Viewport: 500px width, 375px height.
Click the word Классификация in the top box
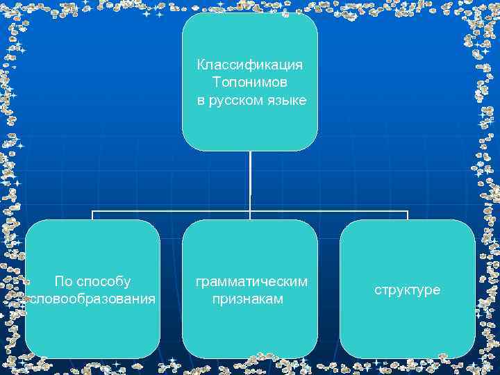[x=250, y=65]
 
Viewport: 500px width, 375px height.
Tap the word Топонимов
[x=250, y=83]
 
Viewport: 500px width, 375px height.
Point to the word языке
[x=287, y=101]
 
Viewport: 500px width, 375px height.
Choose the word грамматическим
[x=251, y=282]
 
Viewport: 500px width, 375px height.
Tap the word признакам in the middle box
[x=248, y=299]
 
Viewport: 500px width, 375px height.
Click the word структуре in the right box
[x=408, y=290]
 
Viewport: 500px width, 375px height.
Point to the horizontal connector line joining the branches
[x=174, y=210]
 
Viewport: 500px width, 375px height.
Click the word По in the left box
[x=62, y=282]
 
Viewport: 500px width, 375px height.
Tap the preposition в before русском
[x=201, y=101]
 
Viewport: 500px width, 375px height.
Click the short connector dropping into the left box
[x=92, y=215]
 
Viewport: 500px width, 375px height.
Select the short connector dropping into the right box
[x=408, y=215]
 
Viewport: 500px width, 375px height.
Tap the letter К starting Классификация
[x=201, y=65]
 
